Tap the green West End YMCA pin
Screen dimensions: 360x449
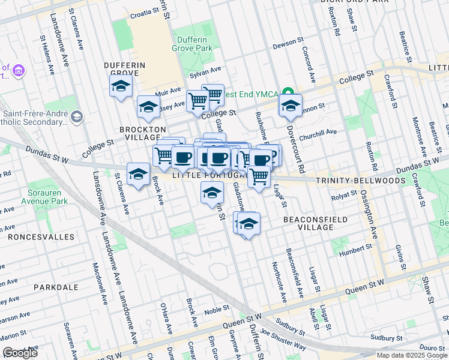pos(288,94)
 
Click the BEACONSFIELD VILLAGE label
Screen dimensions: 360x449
pos(316,223)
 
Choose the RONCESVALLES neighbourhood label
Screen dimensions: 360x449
pos(41,237)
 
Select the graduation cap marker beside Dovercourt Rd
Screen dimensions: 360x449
pos(291,106)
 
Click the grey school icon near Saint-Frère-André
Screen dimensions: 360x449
pos(76,116)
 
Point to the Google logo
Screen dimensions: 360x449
pos(20,353)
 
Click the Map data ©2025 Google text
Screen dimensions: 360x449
pos(412,355)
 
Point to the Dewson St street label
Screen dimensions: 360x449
pos(288,43)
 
